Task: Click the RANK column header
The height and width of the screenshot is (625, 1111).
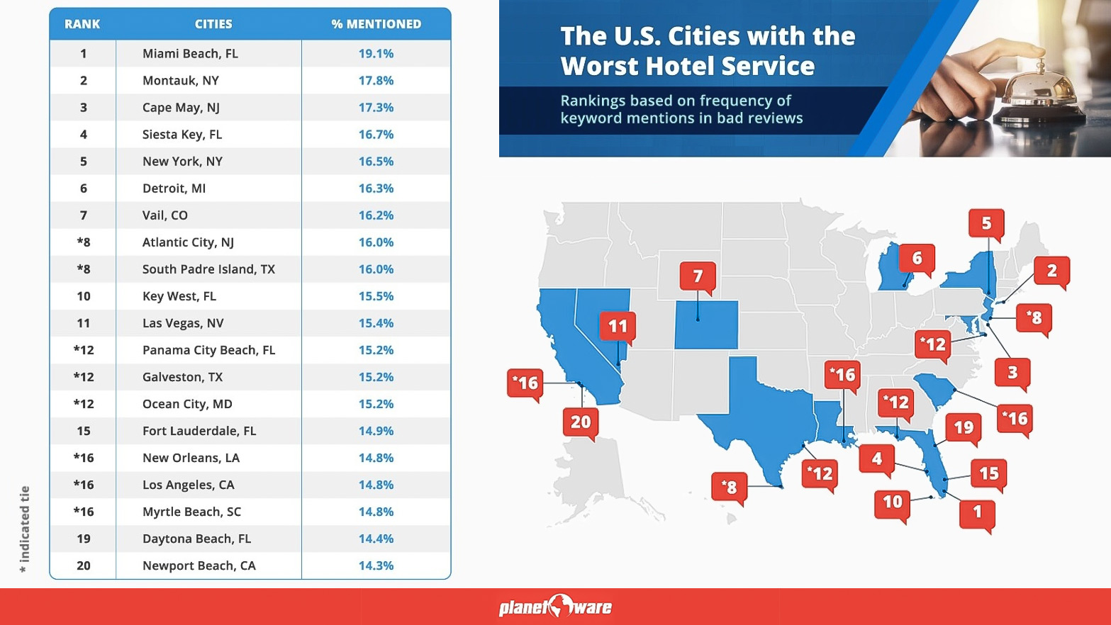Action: pos(82,24)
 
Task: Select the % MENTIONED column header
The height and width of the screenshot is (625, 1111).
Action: pos(376,24)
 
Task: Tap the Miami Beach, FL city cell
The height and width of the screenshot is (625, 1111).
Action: pos(190,54)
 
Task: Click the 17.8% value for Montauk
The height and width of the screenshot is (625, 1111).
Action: pos(376,81)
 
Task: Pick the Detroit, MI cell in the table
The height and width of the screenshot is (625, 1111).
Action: pos(174,188)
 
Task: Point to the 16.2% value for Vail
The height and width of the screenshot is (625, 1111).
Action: pos(376,215)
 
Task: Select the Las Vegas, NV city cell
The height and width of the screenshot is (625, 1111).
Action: pos(183,323)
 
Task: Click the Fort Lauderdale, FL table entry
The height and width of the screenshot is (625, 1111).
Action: pos(199,431)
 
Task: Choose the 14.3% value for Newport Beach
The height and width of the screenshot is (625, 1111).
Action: pos(376,565)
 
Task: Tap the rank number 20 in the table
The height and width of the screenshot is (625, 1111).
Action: pos(84,565)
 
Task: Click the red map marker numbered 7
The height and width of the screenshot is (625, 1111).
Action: pos(698,276)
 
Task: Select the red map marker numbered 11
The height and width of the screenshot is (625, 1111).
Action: pos(618,326)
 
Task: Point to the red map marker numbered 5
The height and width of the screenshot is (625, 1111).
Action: pos(986,223)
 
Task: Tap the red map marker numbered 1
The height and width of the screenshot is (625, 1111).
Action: pos(977,512)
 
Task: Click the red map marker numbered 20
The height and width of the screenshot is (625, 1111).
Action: pos(581,422)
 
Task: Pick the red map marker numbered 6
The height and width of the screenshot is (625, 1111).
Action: pos(917,258)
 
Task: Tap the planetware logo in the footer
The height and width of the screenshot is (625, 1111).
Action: pos(555,607)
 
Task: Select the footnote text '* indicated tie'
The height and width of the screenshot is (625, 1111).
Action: pos(25,529)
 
